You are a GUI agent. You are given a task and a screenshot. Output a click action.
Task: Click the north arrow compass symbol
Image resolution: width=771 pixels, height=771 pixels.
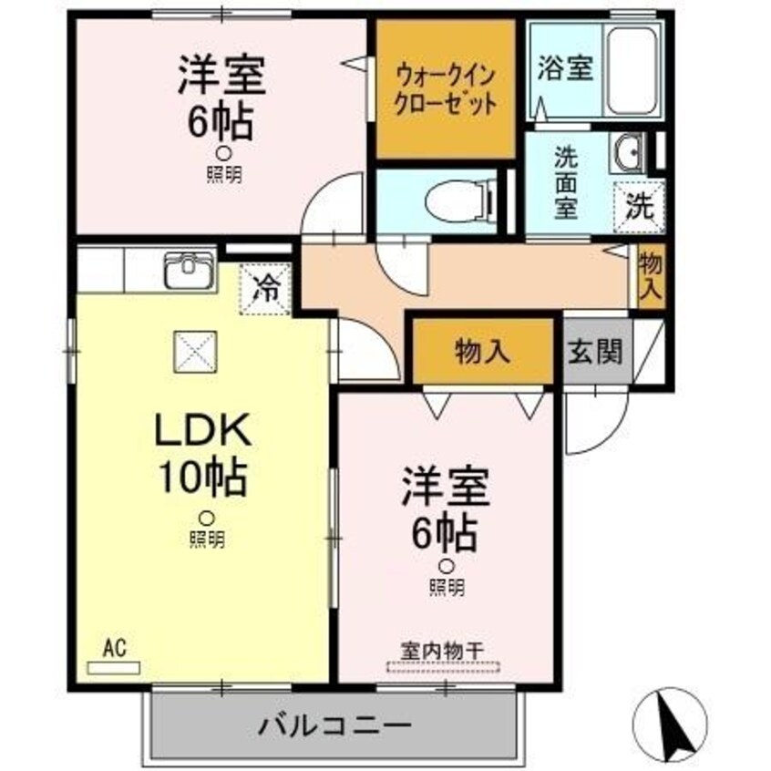pos(670,725)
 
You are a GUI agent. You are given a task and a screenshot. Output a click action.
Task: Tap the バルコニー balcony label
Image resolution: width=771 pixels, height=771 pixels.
pos(334,725)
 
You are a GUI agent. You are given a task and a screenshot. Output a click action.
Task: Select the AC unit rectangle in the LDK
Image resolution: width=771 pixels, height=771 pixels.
pos(114,668)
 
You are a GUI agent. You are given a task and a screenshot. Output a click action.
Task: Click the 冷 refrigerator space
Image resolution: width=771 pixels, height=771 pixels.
pos(265,289)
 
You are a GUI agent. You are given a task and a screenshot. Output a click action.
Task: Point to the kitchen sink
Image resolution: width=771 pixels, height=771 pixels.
pos(190,271)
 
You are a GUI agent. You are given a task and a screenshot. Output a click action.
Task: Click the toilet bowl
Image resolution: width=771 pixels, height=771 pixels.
pos(457,200)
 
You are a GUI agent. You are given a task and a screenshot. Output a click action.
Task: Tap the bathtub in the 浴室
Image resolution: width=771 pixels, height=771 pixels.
pos(632,71)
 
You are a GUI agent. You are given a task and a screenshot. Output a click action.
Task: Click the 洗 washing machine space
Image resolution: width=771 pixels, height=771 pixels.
pos(639,207)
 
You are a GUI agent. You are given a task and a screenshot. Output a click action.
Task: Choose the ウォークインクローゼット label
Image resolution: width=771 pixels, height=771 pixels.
pos(446,90)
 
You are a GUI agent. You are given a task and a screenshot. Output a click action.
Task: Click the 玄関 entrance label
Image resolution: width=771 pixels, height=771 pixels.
pos(595,351)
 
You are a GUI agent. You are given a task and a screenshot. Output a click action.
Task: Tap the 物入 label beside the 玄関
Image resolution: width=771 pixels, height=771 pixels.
pos(481,351)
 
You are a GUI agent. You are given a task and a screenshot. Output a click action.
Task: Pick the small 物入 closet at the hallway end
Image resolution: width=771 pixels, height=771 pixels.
pos(651,276)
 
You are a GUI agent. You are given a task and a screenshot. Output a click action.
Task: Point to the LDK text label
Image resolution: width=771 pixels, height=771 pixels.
pos(203,430)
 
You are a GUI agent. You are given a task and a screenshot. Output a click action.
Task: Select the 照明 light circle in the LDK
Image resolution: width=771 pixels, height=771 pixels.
pos(207,519)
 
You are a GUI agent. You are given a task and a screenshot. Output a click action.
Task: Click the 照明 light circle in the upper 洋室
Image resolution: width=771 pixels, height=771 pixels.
pos(224,154)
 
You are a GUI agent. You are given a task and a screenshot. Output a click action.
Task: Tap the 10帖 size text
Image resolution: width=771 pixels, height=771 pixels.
pos(202,476)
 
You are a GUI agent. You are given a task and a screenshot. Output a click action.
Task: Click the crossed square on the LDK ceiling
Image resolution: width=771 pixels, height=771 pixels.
pos(195,352)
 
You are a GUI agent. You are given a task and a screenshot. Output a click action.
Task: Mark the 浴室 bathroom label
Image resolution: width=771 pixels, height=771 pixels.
pos(565,67)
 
